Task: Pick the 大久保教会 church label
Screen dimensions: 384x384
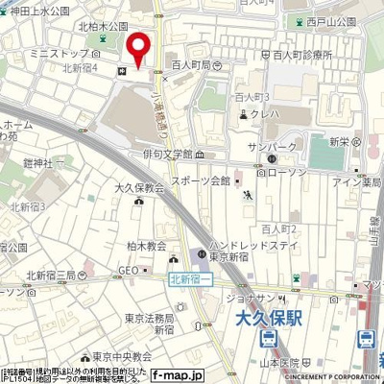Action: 139,190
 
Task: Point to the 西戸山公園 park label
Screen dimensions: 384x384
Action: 331,19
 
